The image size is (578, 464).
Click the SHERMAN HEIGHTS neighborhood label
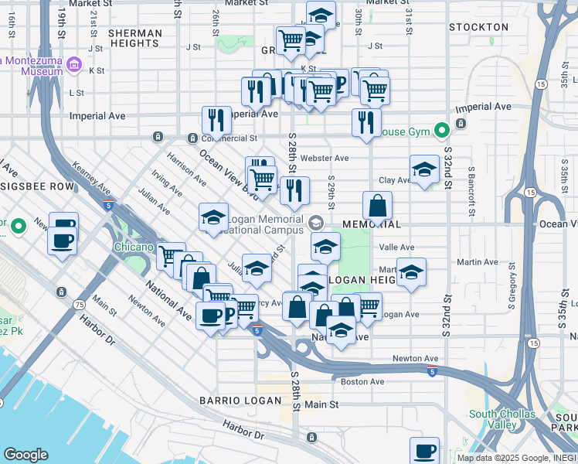click(x=135, y=39)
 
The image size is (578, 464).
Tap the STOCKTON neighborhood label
click(x=480, y=27)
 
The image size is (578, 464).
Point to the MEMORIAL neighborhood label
click(x=370, y=224)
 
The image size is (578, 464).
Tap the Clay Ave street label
click(x=394, y=180)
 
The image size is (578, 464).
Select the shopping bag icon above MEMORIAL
click(x=377, y=206)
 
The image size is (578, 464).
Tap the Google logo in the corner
click(x=25, y=455)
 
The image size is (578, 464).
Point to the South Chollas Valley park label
click(x=502, y=419)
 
